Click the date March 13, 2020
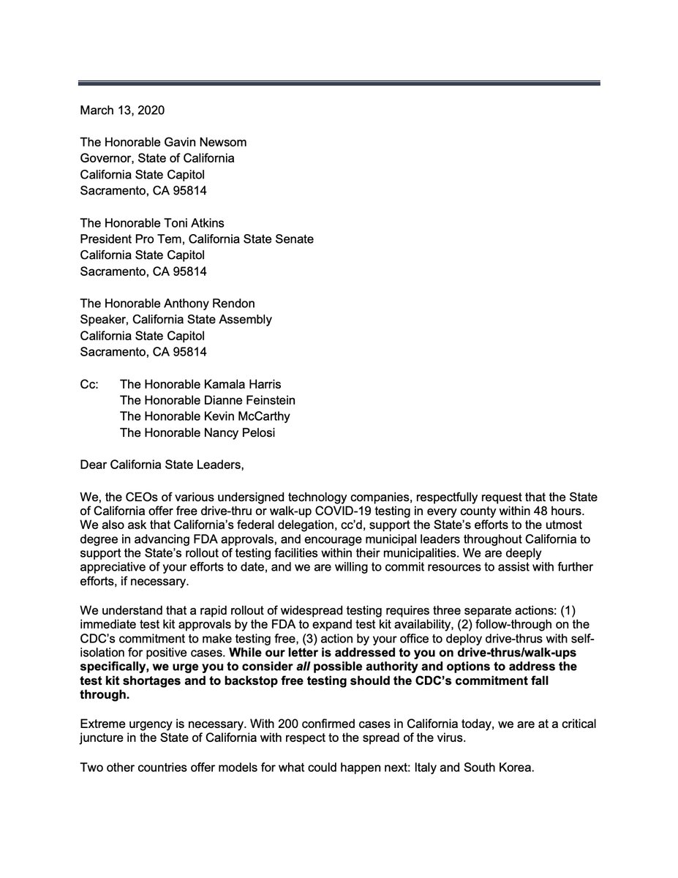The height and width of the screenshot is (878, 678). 122,111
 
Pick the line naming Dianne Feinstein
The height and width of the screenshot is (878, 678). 207,400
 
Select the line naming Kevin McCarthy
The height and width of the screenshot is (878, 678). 205,416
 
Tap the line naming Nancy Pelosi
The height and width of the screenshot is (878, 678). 192,432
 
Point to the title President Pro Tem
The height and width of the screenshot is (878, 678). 127,239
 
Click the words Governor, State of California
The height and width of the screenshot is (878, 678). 157,159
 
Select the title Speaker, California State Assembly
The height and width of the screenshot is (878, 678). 176,320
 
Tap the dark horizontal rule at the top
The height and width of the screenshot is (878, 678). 339,83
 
